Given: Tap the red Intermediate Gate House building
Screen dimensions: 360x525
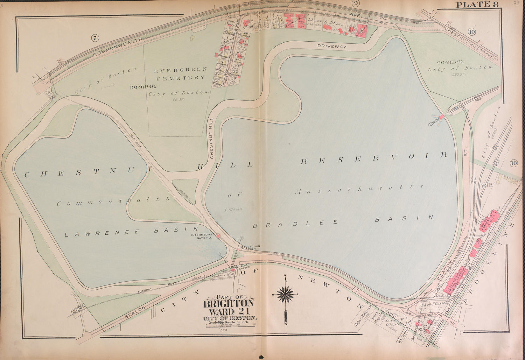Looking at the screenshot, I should tap(218, 236).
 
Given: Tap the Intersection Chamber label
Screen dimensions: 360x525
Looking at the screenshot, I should tap(249, 247).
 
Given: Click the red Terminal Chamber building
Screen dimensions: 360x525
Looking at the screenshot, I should tap(232, 270).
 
